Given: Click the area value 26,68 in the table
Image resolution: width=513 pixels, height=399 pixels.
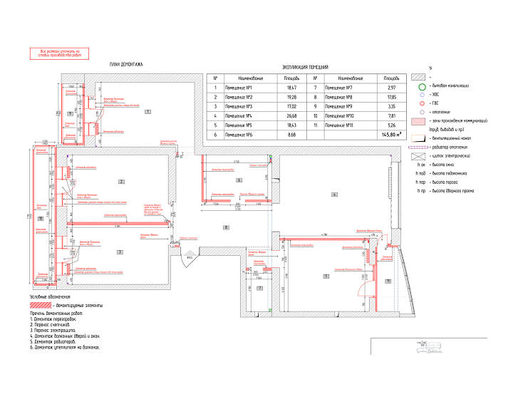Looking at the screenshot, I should point(291,114).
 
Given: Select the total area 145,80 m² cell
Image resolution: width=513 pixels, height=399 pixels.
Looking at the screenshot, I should point(391,133).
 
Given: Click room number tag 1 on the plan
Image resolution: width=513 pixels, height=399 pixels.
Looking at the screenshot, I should point(147,113).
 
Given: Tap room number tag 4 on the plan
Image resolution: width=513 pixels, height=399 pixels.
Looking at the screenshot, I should point(333,195).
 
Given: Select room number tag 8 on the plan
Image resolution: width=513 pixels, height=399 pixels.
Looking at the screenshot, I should point(226,227).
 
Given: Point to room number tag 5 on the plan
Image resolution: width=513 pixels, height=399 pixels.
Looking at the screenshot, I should point(325,275).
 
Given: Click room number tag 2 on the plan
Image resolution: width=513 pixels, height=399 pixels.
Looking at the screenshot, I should point(122,182).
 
